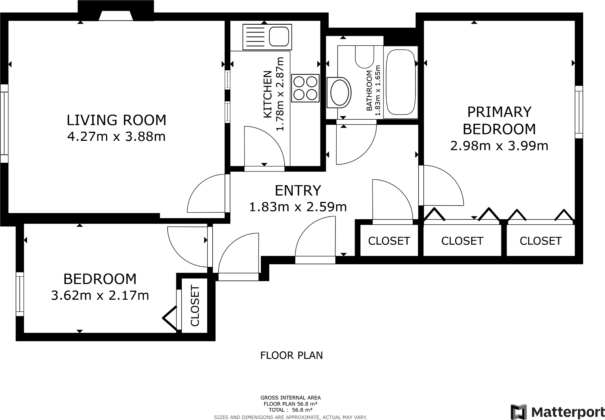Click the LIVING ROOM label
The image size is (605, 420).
[x=116, y=120]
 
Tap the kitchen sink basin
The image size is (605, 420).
[x=279, y=36]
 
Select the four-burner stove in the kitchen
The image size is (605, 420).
[x=305, y=88]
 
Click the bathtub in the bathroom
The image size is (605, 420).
[x=401, y=82]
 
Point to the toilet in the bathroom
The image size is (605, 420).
[x=364, y=57]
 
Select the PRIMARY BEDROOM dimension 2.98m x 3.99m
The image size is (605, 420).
[x=499, y=146]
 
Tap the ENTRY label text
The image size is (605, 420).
[x=298, y=191]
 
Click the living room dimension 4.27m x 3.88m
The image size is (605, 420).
[x=116, y=137]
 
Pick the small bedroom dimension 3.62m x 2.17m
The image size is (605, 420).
[x=100, y=296]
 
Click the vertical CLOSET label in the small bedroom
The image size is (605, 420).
[x=195, y=306]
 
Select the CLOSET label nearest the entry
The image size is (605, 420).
[x=389, y=241]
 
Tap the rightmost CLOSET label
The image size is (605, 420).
[x=540, y=241]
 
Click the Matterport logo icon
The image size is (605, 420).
[x=519, y=412]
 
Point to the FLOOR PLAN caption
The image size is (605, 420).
[x=291, y=355]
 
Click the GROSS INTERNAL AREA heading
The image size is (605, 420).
[x=290, y=398]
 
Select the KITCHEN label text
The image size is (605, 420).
[x=268, y=94]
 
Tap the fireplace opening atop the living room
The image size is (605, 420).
[x=115, y=16]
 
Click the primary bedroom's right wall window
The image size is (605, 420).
[x=579, y=112]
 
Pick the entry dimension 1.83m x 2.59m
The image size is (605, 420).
[x=298, y=207]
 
